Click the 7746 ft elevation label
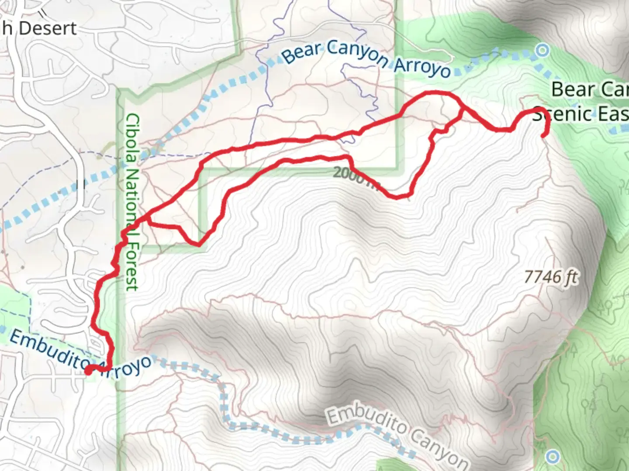(551, 276)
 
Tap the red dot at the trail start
(88, 371)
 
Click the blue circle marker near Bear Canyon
(543, 51)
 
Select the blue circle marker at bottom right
(553, 457)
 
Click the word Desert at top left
(48, 28)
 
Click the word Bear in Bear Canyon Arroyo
(301, 53)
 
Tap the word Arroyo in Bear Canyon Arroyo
(422, 68)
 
